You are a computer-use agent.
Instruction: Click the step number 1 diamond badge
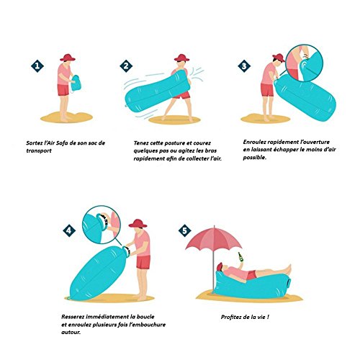point(37,66)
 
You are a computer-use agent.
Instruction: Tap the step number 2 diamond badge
point(126,66)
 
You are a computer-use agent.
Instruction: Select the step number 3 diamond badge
point(244,66)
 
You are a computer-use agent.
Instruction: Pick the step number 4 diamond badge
point(69,230)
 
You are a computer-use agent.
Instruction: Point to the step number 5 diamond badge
point(185,230)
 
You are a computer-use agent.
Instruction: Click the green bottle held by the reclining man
point(240,258)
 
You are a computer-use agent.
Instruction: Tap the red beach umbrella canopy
point(214,238)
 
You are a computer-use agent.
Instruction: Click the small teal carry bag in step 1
point(76,83)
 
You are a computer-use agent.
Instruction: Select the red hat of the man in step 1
point(68,58)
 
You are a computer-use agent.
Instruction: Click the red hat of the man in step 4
point(138,223)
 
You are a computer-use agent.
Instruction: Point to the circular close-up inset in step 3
point(305,63)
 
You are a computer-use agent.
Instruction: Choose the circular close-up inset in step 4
point(102,225)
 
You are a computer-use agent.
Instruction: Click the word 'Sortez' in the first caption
point(34,143)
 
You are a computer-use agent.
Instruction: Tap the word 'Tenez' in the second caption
point(141,143)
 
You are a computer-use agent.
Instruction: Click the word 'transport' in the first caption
point(39,151)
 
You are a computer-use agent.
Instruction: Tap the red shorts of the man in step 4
point(143,262)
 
